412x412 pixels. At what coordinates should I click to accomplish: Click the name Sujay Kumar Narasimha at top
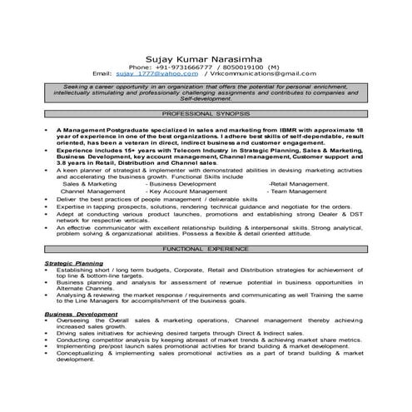[x=206, y=59]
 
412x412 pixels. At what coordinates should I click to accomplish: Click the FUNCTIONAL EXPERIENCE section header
[x=206, y=248]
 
